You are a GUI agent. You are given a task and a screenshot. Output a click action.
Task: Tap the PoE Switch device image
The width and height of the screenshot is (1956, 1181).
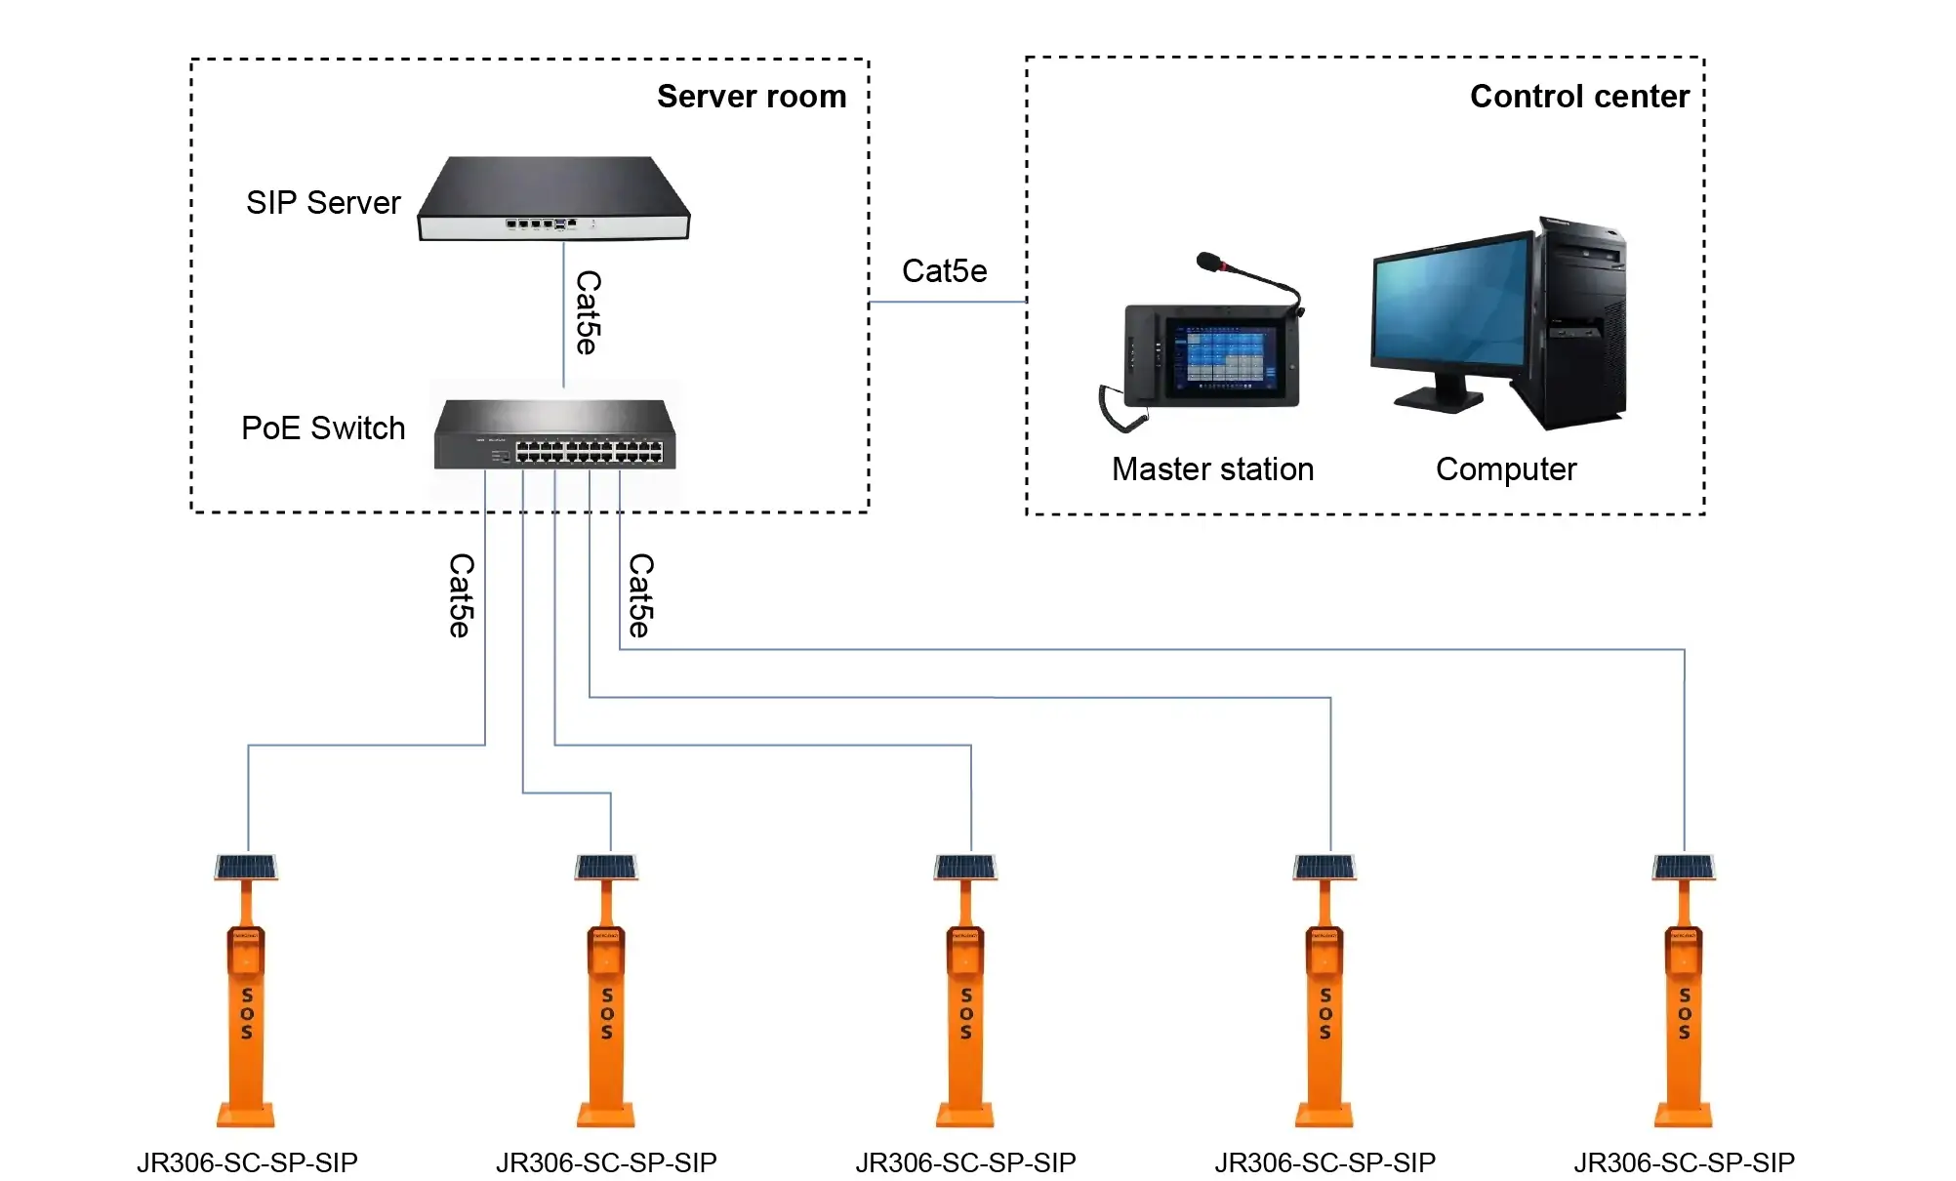[x=554, y=435]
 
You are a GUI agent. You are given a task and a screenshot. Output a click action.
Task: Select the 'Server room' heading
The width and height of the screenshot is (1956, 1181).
[x=751, y=97]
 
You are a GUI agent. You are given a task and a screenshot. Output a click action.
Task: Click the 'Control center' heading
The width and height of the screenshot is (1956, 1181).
[x=1579, y=97]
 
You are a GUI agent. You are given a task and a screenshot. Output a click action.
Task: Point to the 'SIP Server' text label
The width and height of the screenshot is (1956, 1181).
[x=323, y=203]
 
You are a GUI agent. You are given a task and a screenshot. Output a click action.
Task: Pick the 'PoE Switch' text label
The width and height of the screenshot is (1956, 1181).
[x=323, y=428]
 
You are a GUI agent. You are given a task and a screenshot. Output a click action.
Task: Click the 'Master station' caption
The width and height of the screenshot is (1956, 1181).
[x=1212, y=469]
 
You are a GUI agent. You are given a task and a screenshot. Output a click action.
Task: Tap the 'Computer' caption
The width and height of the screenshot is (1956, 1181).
[x=1505, y=469]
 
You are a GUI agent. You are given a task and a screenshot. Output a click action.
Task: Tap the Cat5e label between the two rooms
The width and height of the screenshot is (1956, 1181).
[x=944, y=271]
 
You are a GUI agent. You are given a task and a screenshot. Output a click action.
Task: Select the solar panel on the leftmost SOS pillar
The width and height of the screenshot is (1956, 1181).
[x=246, y=867]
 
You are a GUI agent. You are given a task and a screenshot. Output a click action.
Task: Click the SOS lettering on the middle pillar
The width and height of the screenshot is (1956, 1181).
[x=965, y=1013]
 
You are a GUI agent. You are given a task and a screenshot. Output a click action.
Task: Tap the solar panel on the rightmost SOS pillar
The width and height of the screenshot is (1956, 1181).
[x=1684, y=867]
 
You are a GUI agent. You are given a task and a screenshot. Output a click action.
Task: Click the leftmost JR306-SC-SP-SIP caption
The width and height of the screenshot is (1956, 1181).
[x=247, y=1162]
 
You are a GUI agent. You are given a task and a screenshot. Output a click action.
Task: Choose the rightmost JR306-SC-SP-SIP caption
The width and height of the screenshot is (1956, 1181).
[x=1684, y=1162]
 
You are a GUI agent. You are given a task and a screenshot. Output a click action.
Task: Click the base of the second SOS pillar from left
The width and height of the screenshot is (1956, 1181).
[x=606, y=1115]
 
